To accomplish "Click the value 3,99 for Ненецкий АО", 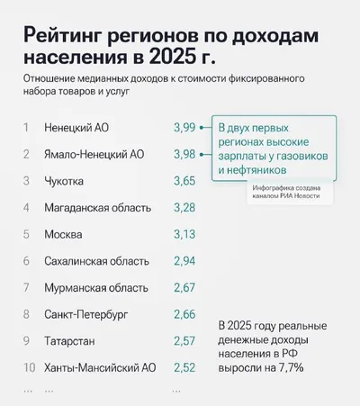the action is [184, 128].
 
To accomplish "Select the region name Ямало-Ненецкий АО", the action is [94, 155].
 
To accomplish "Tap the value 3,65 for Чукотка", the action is [184, 181].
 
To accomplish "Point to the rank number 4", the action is [26, 208].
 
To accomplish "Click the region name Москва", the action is [63, 234].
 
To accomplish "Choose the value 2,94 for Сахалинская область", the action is [184, 261].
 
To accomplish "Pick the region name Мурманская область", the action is [96, 288].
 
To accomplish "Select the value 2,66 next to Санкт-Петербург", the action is [184, 314].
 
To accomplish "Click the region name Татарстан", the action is [69, 341].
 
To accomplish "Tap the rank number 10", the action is [30, 367].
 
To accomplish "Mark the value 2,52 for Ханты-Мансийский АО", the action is [184, 368].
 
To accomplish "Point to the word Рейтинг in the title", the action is [62, 36].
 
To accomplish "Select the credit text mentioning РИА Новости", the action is [286, 192].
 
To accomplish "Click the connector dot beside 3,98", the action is [202, 155].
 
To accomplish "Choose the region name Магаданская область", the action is [98, 208].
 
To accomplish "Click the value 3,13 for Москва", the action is [184, 234].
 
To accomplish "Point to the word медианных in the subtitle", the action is [103, 79].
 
